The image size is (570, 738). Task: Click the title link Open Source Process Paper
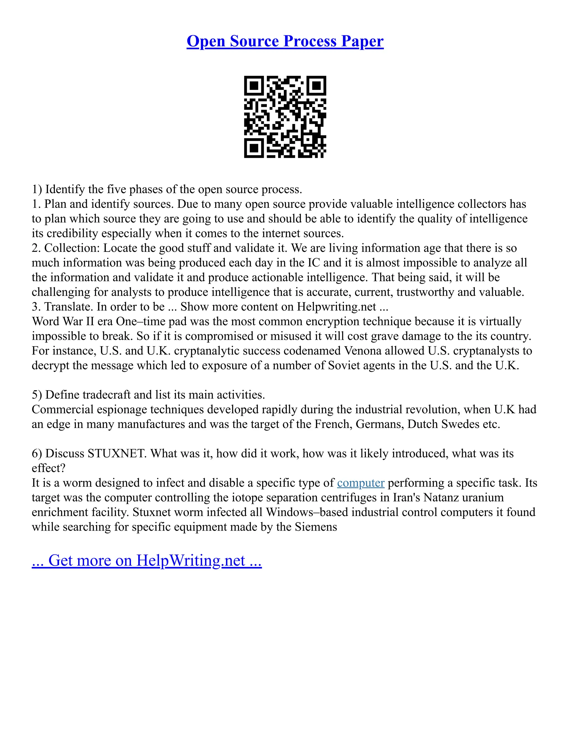pyautogui.click(x=285, y=41)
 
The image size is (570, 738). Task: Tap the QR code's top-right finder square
pyautogui.click(x=316, y=86)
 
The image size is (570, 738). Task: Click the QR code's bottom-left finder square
pyautogui.click(x=254, y=148)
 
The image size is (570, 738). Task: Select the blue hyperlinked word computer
pyautogui.click(x=361, y=483)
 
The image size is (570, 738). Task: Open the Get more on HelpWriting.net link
pyautogui.click(x=147, y=560)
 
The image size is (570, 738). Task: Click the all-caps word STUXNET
pyautogui.click(x=117, y=453)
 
